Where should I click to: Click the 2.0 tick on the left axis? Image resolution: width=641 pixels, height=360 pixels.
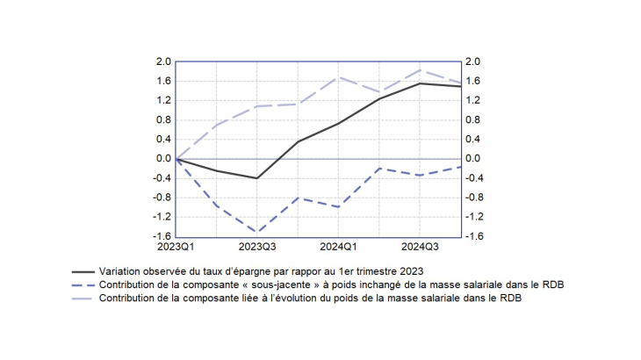(x=162, y=62)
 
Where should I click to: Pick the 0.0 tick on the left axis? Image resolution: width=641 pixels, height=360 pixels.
(x=162, y=159)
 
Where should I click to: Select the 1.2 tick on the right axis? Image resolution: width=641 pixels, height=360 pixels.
(x=474, y=101)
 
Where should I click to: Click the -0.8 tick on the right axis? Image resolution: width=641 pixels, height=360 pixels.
(x=475, y=198)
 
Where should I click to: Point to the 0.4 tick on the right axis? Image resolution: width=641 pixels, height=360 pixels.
(x=474, y=140)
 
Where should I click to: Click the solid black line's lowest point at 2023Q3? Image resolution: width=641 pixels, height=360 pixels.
(x=257, y=178)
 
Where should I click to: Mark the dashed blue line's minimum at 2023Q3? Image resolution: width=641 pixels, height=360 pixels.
(x=257, y=233)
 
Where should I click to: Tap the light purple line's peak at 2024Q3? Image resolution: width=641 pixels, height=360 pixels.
(x=421, y=70)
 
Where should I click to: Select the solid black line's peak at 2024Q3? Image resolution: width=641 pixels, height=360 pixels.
(x=421, y=83)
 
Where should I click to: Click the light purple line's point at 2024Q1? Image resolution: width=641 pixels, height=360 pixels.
(x=339, y=77)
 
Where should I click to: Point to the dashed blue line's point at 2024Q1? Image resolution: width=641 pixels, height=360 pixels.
(x=339, y=207)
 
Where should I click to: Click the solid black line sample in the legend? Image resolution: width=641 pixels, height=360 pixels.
(x=83, y=272)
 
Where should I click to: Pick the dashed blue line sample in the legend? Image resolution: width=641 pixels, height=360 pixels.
(x=83, y=285)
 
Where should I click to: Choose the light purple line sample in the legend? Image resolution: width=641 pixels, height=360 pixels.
(x=83, y=299)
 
